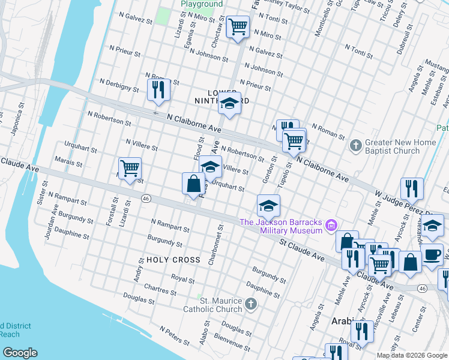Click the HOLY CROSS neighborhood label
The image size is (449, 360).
173,260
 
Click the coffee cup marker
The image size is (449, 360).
432,254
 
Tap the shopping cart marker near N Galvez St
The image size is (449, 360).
238,27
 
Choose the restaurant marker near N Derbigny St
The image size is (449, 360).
158,89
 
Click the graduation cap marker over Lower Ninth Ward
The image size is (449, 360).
229,104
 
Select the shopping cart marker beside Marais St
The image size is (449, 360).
130,169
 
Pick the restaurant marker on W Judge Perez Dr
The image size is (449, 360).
412,188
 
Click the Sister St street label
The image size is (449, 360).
41,194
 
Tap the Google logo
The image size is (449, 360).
20,353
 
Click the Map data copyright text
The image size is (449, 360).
412,355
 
